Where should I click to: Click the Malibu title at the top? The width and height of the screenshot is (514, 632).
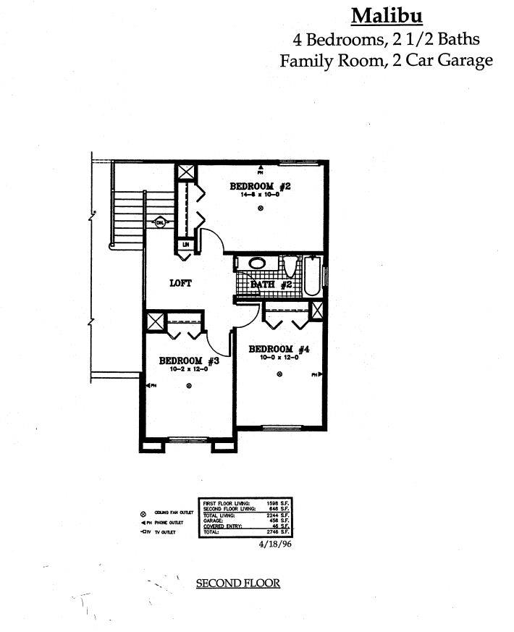(387, 15)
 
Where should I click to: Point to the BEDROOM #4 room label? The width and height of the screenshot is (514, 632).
(279, 349)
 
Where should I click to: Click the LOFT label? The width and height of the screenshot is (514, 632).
(180, 283)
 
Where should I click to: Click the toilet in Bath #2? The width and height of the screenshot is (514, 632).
(290, 269)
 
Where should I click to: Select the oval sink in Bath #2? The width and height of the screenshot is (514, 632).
(257, 264)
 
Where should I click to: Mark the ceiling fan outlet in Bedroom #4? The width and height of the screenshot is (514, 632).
(279, 374)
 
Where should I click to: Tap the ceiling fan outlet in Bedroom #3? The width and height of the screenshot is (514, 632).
(189, 386)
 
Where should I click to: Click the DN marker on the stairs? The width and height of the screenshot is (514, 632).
(160, 223)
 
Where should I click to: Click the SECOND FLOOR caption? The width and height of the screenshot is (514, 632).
(237, 583)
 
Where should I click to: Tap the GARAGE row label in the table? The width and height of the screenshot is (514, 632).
(214, 520)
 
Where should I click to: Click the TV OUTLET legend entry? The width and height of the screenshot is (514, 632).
(161, 533)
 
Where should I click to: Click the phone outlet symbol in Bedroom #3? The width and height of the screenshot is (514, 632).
(150, 386)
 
